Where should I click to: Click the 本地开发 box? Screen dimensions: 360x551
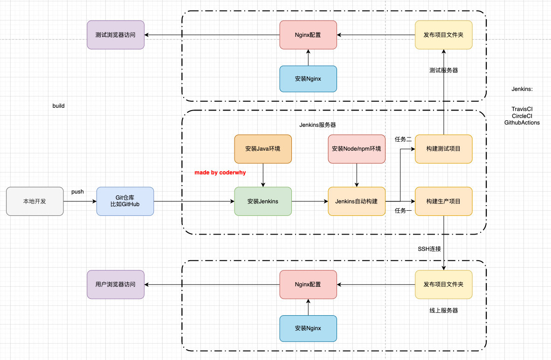pyautogui.click(x=35, y=201)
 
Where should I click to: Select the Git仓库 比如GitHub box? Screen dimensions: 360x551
pyautogui.click(x=125, y=201)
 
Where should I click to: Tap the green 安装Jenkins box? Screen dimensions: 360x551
pyautogui.click(x=263, y=201)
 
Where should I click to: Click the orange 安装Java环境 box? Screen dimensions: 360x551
pyautogui.click(x=263, y=149)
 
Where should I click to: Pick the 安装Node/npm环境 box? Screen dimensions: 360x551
pyautogui.click(x=357, y=149)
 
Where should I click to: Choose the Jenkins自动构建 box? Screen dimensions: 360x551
pyautogui.click(x=357, y=201)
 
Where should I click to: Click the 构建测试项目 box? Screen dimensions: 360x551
pyautogui.click(x=443, y=149)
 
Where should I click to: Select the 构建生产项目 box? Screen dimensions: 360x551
pyautogui.click(x=443, y=201)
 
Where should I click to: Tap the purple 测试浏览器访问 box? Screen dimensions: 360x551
pyautogui.click(x=116, y=35)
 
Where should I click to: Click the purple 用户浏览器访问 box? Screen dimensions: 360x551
pyautogui.click(x=116, y=284)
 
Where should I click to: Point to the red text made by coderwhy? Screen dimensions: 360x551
pyautogui.click(x=220, y=173)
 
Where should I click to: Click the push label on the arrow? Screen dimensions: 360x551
pyautogui.click(x=77, y=192)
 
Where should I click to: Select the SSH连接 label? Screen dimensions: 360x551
pyautogui.click(x=429, y=249)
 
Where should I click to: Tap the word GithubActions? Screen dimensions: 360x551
pyautogui.click(x=522, y=123)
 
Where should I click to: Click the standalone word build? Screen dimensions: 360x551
pyautogui.click(x=58, y=106)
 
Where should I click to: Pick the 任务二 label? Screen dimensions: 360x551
pyautogui.click(x=403, y=139)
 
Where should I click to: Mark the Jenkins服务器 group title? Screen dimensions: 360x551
pyautogui.click(x=317, y=125)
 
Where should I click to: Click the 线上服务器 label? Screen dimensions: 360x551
pyautogui.click(x=443, y=310)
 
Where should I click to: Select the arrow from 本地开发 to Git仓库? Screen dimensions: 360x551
pyautogui.click(x=80, y=201)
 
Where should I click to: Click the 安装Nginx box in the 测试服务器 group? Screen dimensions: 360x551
pyautogui.click(x=308, y=79)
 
